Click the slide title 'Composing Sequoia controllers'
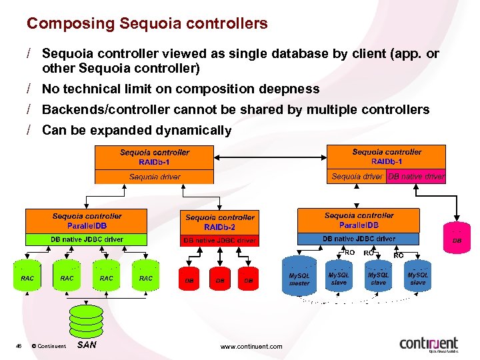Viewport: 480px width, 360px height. [147, 24]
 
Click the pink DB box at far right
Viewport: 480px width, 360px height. [457, 238]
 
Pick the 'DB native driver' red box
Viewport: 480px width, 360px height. [416, 177]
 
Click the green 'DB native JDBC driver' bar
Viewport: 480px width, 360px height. [87, 239]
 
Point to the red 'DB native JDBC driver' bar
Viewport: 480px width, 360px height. [220, 240]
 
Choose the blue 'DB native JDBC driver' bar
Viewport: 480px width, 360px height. [359, 239]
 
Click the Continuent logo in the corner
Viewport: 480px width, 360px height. [429, 344]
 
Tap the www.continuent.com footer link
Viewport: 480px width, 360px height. [251, 346]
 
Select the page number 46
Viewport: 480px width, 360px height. [19, 345]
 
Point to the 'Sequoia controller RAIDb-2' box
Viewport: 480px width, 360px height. [220, 222]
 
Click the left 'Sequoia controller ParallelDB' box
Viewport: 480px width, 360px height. [87, 221]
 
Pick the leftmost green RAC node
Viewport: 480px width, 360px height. [28, 277]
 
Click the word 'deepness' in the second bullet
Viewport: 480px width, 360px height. [291, 89]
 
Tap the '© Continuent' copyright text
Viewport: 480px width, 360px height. [49, 346]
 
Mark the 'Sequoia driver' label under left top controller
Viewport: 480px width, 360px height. [155, 177]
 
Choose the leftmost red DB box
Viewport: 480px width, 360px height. [189, 280]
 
